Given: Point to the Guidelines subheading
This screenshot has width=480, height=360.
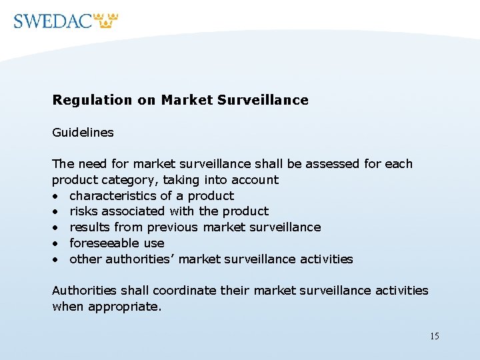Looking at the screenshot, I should tap(83, 133).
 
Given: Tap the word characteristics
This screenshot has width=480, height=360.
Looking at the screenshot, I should tap(113, 196).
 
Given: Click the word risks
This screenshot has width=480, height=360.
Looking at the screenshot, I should tap(83, 211).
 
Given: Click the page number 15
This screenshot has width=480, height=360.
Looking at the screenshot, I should tap(434, 336).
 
